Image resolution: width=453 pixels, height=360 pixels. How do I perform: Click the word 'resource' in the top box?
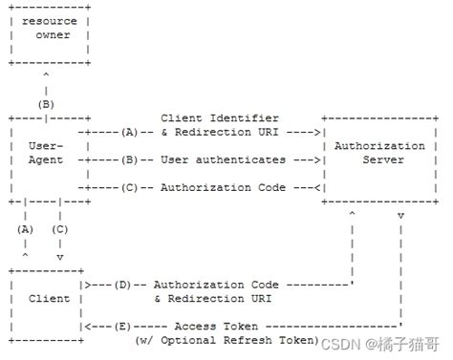click(x=49, y=20)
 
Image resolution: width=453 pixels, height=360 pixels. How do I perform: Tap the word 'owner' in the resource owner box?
click(x=53, y=34)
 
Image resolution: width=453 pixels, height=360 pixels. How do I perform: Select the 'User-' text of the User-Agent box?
click(x=47, y=146)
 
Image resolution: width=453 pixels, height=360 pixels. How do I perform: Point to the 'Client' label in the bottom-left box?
click(x=49, y=298)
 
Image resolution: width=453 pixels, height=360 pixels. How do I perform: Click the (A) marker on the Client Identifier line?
click(x=130, y=132)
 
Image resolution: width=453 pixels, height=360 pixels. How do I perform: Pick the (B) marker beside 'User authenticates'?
click(x=130, y=159)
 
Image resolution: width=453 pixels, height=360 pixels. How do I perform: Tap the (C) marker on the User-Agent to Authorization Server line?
click(x=130, y=187)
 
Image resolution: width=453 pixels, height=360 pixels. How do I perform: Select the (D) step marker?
click(x=122, y=284)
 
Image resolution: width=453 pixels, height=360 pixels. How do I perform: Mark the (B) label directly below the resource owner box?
click(x=46, y=103)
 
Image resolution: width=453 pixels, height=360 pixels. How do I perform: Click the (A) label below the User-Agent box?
click(x=26, y=229)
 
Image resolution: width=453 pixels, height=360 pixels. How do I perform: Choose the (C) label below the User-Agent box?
click(x=60, y=229)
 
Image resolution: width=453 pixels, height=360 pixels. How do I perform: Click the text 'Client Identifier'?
click(x=219, y=117)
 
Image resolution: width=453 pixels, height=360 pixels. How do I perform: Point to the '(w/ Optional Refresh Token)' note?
click(x=226, y=340)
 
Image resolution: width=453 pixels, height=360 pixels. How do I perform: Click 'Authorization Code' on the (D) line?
click(x=216, y=284)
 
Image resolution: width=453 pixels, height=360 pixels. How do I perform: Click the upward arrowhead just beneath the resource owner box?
click(x=46, y=75)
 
